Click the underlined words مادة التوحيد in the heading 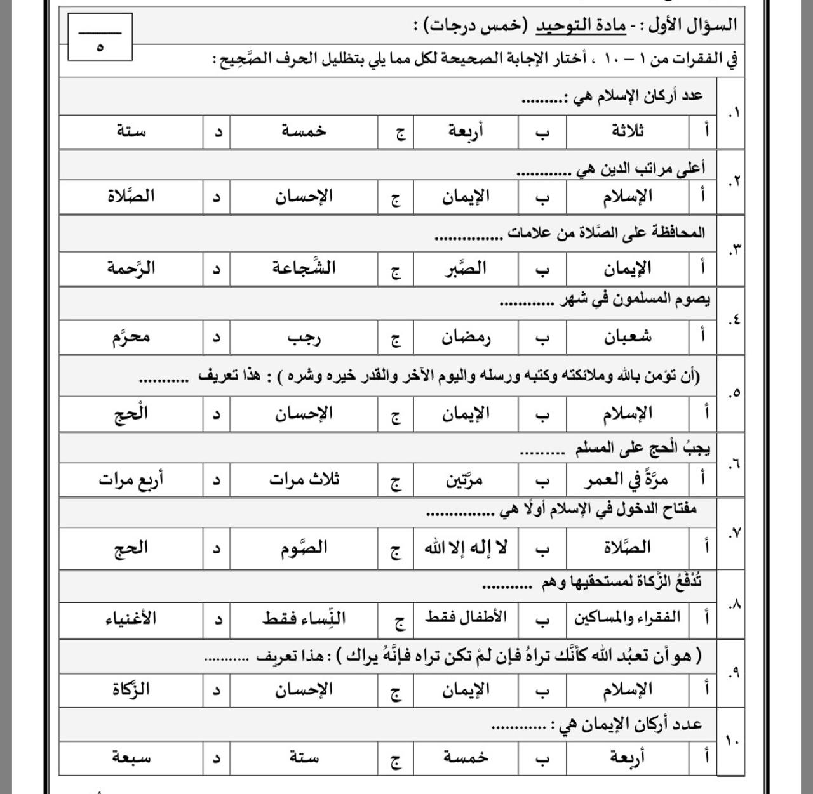coord(581,26)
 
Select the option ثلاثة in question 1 coord(628,131)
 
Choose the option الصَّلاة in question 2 coord(131,196)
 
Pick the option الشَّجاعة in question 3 coord(304,268)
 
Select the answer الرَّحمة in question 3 coord(131,268)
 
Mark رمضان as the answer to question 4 coord(466,338)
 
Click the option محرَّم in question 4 coord(131,336)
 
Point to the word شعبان coord(628,336)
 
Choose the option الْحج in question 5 coord(131,414)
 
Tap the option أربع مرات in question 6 coord(131,480)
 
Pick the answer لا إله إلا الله coord(466,548)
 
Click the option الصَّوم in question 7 coord(304,548)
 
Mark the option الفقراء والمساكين coord(628,618)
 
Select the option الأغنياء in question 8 coord(131,618)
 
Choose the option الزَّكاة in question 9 coord(131,689)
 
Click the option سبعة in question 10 coord(131,757)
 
